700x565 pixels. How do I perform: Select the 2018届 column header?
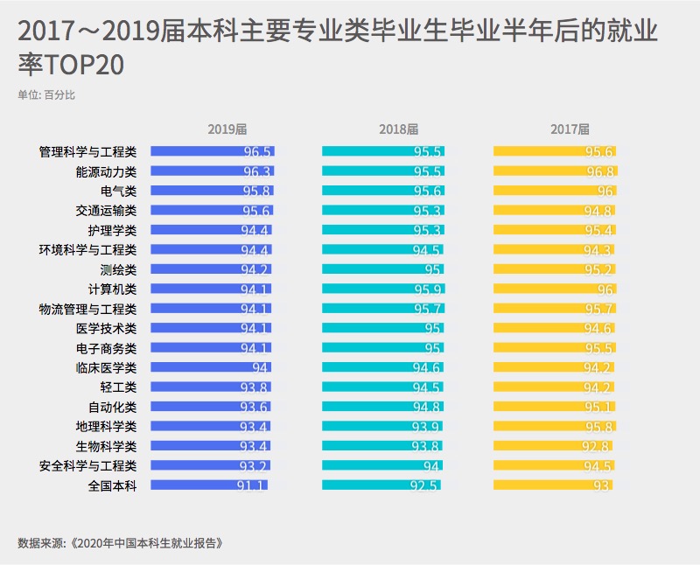(398, 129)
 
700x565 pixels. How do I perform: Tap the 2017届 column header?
(570, 129)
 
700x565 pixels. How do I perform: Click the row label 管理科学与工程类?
(87, 151)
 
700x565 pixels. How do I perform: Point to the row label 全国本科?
(113, 485)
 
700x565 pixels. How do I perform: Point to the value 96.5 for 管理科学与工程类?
(257, 152)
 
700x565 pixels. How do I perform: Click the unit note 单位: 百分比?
(46, 94)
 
